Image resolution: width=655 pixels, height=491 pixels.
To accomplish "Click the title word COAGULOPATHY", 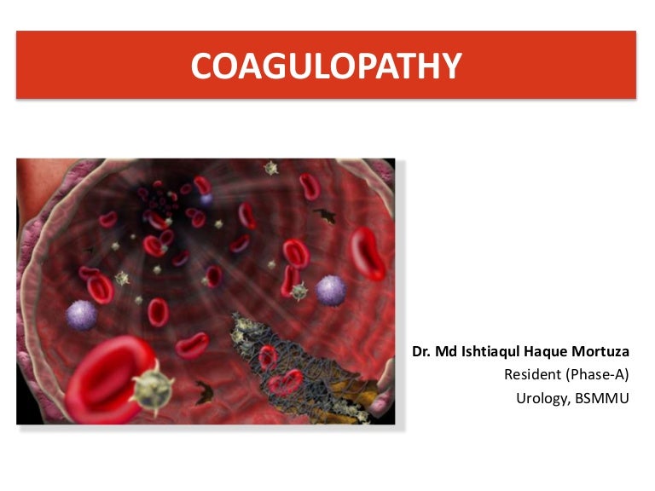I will (x=326, y=66).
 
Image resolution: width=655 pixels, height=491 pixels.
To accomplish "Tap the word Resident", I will (x=531, y=374).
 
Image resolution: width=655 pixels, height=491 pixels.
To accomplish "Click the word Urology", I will (x=542, y=396).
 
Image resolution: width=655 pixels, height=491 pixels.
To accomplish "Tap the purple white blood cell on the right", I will (x=331, y=290).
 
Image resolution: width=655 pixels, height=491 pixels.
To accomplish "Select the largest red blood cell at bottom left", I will (x=102, y=379).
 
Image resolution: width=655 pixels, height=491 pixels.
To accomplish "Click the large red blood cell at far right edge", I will (x=368, y=253).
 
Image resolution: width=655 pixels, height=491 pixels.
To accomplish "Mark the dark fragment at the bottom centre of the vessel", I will (x=204, y=394).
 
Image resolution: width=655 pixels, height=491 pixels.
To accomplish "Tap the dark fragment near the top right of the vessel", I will (x=323, y=215).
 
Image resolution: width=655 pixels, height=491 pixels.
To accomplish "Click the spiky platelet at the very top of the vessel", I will (x=272, y=169).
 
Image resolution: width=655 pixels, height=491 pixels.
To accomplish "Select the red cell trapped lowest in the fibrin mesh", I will (x=286, y=381).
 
